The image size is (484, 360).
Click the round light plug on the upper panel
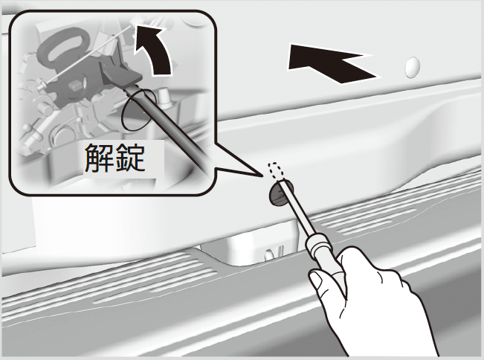click(413, 67)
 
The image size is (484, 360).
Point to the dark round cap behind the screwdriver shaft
click(280, 193)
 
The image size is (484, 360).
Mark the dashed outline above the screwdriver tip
click(276, 171)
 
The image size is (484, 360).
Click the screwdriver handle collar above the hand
click(320, 245)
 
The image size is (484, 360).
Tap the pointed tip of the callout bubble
click(262, 176)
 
